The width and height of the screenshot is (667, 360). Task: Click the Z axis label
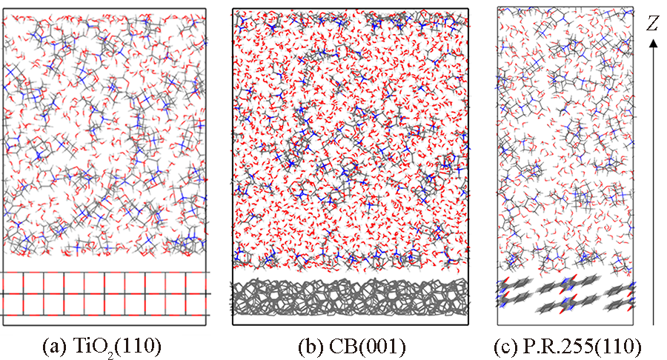[x=652, y=23]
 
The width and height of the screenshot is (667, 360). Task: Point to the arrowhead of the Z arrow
[x=653, y=44]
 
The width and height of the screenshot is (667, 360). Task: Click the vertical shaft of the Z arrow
[x=653, y=185]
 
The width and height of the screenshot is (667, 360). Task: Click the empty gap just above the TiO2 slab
[x=103, y=262]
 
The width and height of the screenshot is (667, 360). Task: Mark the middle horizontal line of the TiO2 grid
[x=103, y=293]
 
